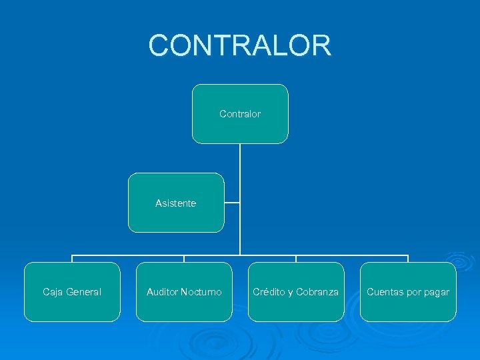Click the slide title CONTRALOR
239,45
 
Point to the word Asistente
176,203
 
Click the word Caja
53,292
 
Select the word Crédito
268,292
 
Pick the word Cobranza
317,292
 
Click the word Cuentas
384,292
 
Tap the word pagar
437,292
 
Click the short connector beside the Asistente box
232,203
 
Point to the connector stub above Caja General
72,259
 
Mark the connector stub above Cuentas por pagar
408,259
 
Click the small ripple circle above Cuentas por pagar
459,260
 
